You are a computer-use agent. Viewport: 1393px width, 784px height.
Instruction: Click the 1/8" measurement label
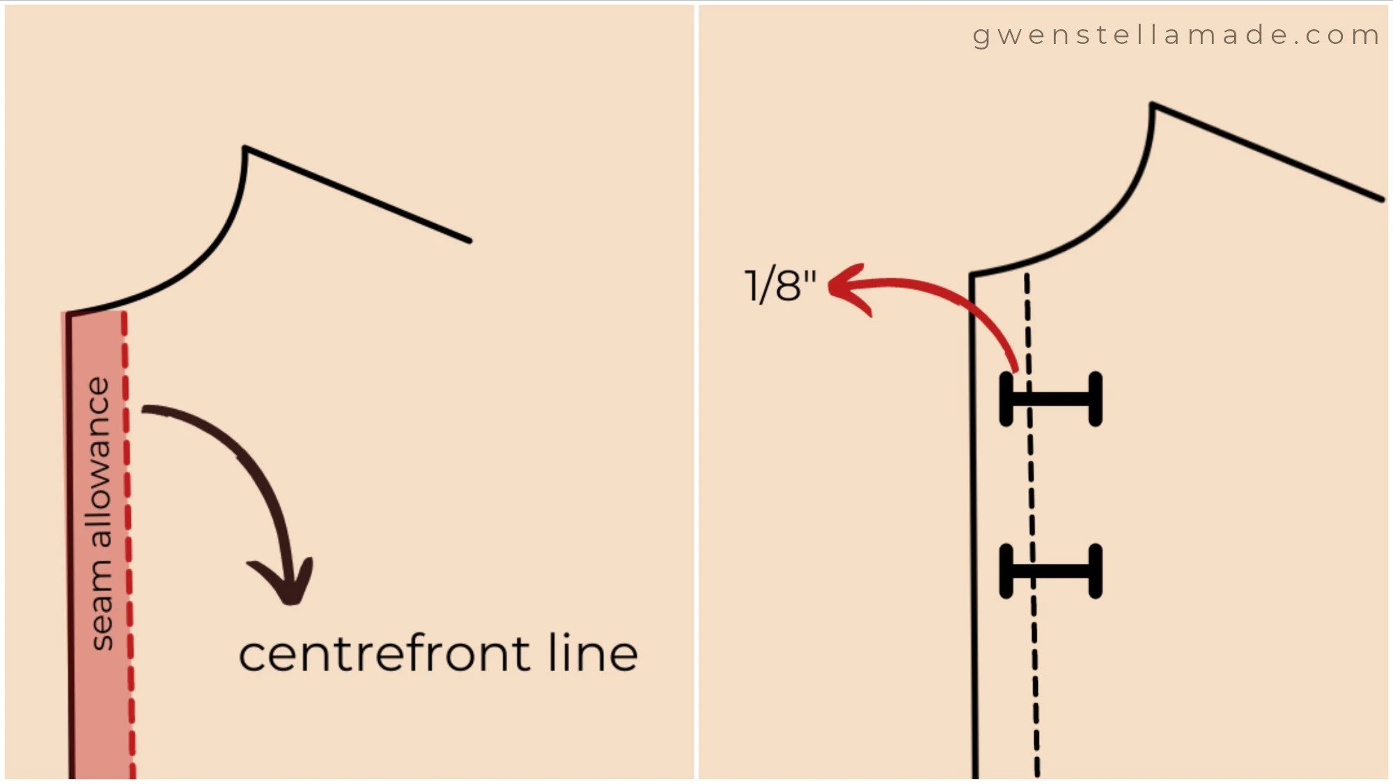pyautogui.click(x=780, y=286)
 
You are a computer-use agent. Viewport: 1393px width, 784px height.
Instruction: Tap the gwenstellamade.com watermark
pyautogui.click(x=1176, y=36)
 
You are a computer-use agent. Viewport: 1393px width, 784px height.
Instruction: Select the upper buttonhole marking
pyautogui.click(x=1051, y=399)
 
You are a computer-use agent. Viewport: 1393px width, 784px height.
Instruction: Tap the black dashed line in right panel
pyautogui.click(x=1032, y=526)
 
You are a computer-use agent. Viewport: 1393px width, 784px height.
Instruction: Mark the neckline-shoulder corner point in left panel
pyautogui.click(x=244, y=147)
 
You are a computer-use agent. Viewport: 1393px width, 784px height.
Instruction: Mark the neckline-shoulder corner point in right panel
pyautogui.click(x=1153, y=104)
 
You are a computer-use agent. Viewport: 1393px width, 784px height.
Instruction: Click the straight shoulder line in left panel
pyautogui.click(x=358, y=194)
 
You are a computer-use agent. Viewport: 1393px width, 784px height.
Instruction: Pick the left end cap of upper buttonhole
pyautogui.click(x=1006, y=399)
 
